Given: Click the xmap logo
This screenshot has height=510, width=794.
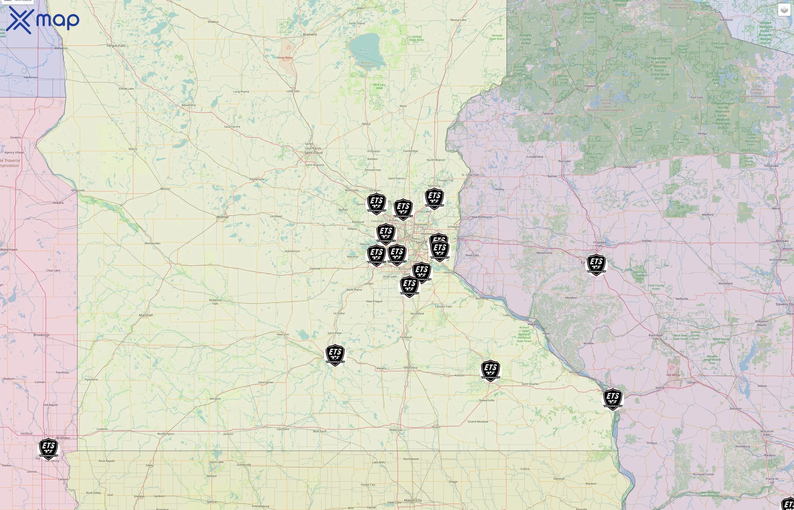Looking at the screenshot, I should point(43,20).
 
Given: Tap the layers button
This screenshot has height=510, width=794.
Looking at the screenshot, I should point(784,10).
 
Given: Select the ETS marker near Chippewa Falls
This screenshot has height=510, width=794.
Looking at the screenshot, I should point(596,265).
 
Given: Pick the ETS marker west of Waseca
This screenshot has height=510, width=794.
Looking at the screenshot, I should point(335,355).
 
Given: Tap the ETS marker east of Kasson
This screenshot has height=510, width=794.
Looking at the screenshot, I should point(491,370).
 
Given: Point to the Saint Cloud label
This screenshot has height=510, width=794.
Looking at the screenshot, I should point(314,153).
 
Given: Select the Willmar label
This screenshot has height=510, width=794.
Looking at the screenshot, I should point(223,217).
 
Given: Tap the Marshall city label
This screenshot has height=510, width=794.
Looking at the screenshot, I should point(146,315).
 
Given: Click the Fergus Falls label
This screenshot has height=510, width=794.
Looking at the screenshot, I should point(116,46).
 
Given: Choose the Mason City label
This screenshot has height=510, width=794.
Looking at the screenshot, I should point(413,500).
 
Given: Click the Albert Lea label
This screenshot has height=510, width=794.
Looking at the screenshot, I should point(396,430).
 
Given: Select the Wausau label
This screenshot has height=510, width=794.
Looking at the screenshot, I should point(782,241).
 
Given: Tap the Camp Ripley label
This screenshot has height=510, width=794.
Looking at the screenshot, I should point(285,58).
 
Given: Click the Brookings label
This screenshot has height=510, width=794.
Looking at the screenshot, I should point(41,335).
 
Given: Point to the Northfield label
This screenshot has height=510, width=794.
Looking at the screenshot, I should point(417,314).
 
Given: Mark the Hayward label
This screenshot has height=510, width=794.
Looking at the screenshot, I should point(590,86).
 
